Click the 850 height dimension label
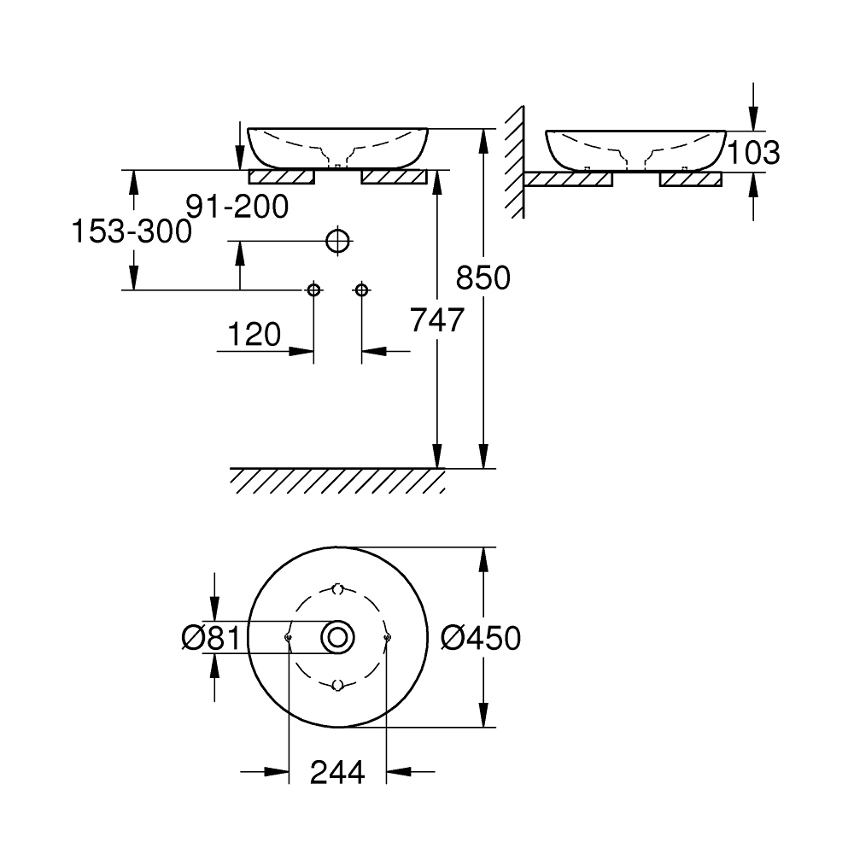(483, 278)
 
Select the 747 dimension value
(437, 320)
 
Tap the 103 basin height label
(752, 152)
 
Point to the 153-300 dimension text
(131, 231)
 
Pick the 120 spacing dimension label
(254, 335)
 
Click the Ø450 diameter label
(481, 637)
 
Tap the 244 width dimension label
(337, 772)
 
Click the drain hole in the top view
(338, 637)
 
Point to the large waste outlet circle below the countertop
(338, 242)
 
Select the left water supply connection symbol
(314, 290)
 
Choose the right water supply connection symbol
(361, 290)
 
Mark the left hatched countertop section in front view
(282, 177)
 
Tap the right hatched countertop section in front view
(394, 177)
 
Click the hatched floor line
(337, 480)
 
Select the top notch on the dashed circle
(338, 589)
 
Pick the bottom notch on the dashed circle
(338, 685)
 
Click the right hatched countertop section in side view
(691, 178)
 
